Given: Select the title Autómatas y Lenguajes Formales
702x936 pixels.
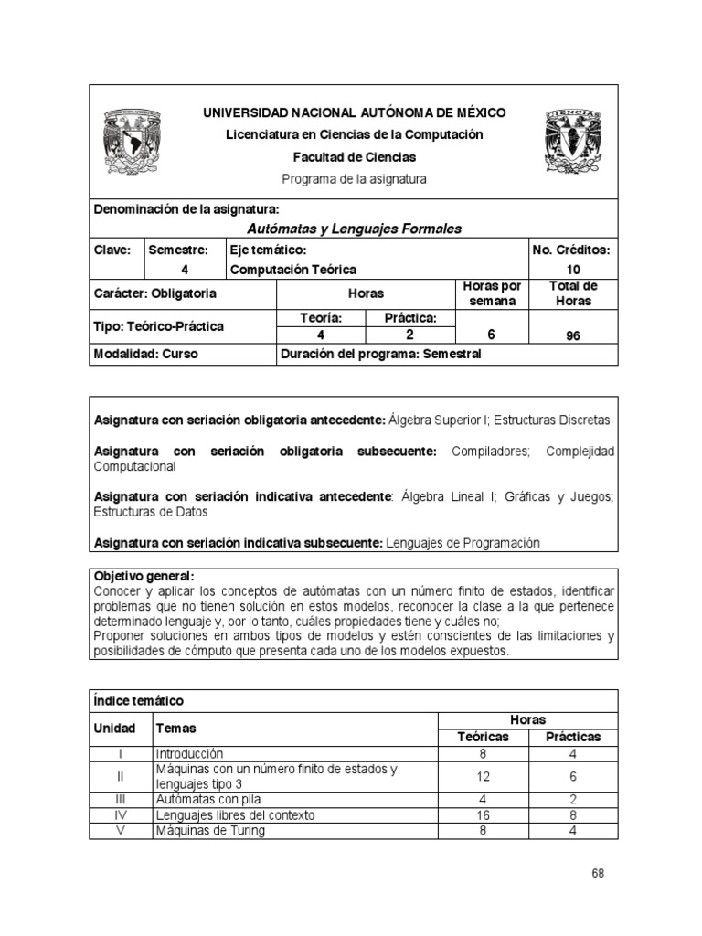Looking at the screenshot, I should (x=355, y=229).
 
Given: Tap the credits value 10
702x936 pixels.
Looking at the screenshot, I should (x=572, y=270).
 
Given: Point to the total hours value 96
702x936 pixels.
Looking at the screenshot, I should (x=572, y=335).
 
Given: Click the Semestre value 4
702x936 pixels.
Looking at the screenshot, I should (x=185, y=270).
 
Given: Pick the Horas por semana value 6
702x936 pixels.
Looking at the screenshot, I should (x=491, y=335).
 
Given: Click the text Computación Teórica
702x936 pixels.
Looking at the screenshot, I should (x=293, y=270).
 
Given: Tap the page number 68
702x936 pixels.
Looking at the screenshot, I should (x=598, y=873).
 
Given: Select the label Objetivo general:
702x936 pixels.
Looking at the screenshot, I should (x=144, y=577).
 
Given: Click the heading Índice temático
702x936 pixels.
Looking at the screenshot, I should (x=139, y=701).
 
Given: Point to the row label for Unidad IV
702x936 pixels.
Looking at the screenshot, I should (x=122, y=814).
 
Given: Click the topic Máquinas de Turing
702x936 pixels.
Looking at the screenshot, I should (x=210, y=830).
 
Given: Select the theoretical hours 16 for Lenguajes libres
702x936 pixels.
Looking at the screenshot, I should (x=484, y=814).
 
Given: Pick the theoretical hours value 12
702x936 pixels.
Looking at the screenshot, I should (x=484, y=777).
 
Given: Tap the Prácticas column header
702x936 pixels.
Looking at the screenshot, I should (x=573, y=737).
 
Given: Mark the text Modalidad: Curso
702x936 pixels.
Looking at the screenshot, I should (x=146, y=355).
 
